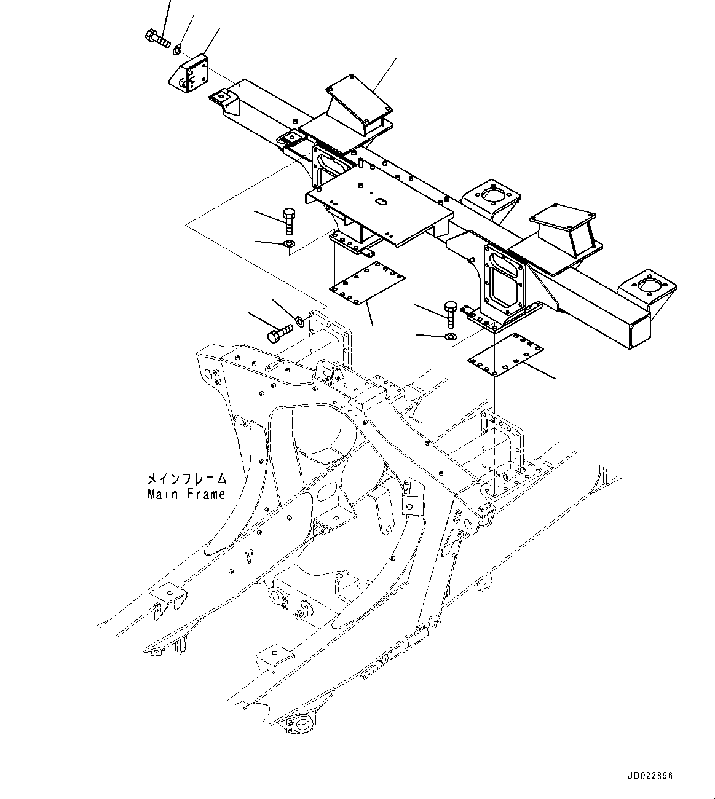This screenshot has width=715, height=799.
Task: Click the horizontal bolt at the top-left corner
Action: click(x=158, y=39)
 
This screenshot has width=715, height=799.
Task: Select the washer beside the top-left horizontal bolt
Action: click(x=178, y=48)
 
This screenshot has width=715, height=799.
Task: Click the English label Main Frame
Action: click(x=186, y=494)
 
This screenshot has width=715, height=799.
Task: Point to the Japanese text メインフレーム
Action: click(x=186, y=479)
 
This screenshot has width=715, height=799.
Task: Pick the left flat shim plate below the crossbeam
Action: click(x=368, y=282)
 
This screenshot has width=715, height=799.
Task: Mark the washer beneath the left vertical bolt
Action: click(x=290, y=246)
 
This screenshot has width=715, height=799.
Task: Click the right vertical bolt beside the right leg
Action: click(x=450, y=313)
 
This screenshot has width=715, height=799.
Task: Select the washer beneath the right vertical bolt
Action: click(x=450, y=337)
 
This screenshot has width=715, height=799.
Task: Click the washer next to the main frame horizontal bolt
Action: click(x=300, y=320)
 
